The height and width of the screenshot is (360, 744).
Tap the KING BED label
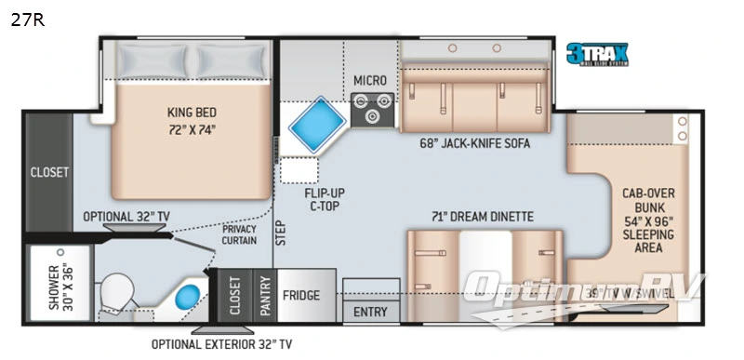pyautogui.click(x=193, y=117)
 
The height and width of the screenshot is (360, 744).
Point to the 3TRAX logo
pyautogui.click(x=598, y=54)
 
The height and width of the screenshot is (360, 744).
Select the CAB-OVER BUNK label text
pyautogui.click(x=648, y=220)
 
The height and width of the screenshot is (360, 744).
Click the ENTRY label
pyautogui.click(x=371, y=312)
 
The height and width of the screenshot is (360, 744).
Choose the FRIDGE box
pyautogui.click(x=301, y=296)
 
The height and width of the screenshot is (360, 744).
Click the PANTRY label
pyautogui.click(x=263, y=296)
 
